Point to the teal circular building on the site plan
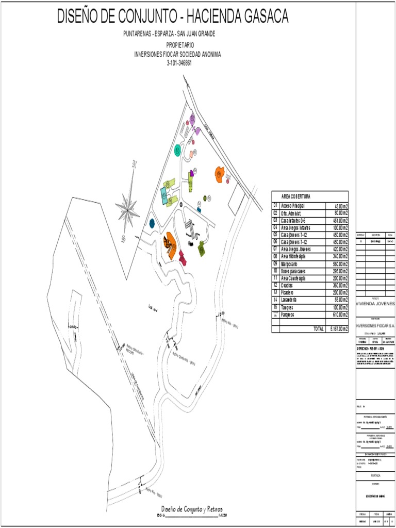[178, 150]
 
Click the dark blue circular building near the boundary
[152, 223]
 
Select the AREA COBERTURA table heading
[296, 196]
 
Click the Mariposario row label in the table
[292, 263]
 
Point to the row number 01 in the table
[276, 205]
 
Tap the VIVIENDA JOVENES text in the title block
[375, 304]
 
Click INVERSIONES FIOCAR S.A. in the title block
[375, 325]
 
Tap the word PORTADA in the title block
[375, 475]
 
